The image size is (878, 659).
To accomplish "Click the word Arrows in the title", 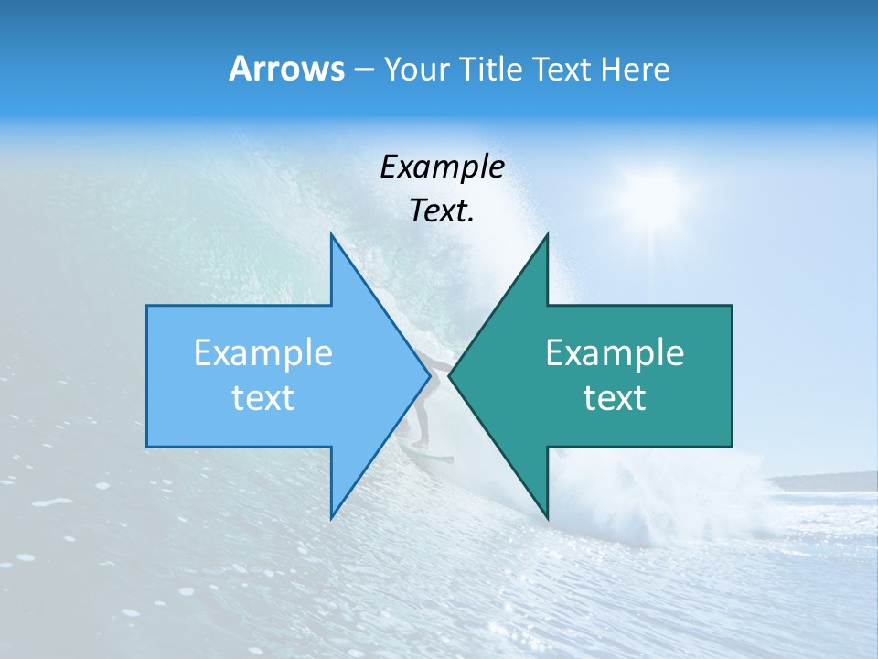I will (286, 69).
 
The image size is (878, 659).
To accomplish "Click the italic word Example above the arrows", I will (442, 167).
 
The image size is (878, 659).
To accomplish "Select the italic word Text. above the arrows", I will (442, 211).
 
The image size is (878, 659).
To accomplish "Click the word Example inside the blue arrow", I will (263, 352).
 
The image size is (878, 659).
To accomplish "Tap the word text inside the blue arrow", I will (263, 398).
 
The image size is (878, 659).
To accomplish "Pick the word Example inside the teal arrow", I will (615, 352).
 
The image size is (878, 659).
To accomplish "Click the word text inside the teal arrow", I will (615, 398).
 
